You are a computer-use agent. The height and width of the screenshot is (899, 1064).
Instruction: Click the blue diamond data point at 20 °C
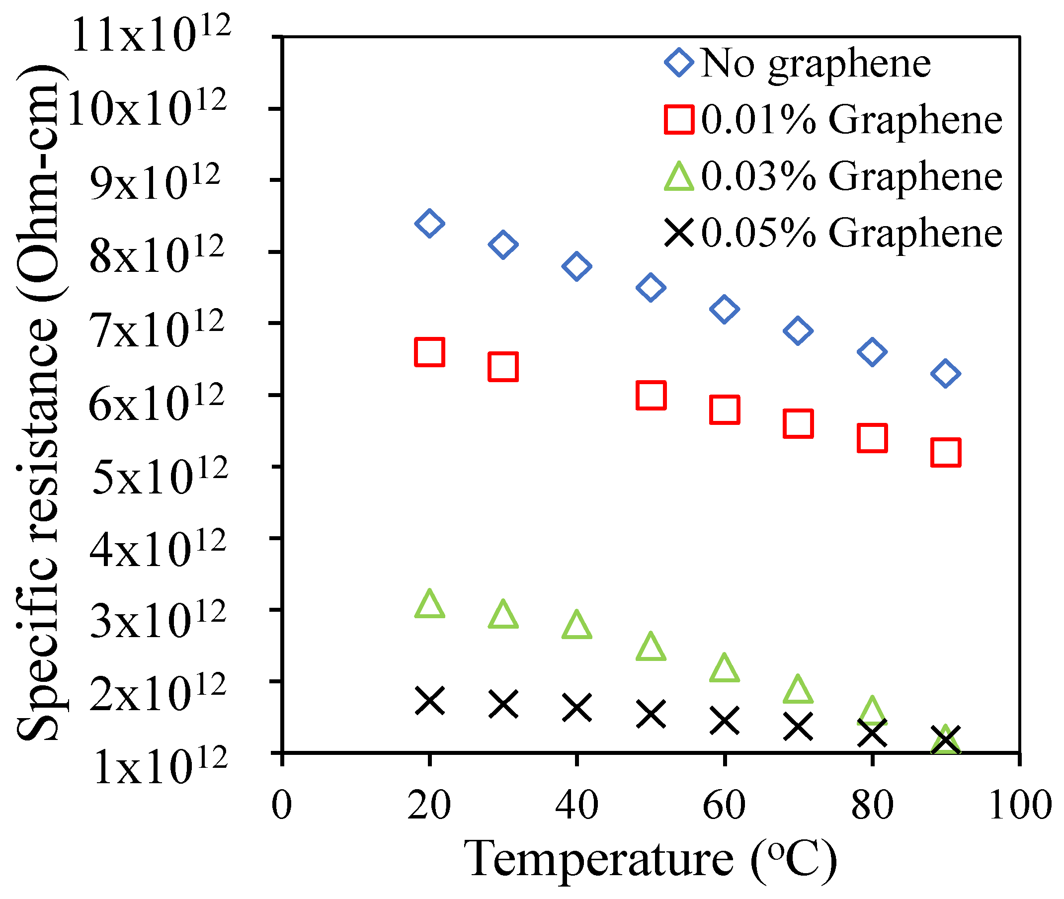click(x=429, y=223)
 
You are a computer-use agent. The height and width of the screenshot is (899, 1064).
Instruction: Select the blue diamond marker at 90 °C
click(x=946, y=374)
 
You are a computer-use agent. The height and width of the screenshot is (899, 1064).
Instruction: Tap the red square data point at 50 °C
click(x=651, y=395)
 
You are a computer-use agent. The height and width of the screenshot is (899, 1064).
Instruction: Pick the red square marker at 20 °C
click(x=429, y=352)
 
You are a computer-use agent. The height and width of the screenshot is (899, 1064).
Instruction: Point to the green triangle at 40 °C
click(x=577, y=625)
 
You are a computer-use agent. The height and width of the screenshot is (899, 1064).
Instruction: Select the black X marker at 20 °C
click(x=429, y=701)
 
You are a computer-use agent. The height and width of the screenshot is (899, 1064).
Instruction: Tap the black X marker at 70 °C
click(x=798, y=726)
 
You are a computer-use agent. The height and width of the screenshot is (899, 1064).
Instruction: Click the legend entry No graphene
click(x=816, y=64)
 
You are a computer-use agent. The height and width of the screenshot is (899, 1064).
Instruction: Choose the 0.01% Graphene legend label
click(x=851, y=120)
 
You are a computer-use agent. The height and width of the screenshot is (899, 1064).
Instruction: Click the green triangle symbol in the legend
click(x=679, y=177)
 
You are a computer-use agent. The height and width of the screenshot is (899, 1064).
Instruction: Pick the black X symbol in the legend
click(x=679, y=234)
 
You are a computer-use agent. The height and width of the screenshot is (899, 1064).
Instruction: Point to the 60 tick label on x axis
click(x=724, y=805)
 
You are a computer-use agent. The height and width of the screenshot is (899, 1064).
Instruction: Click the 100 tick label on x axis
click(x=1020, y=805)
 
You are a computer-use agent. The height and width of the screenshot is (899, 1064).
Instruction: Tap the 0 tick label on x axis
click(x=282, y=805)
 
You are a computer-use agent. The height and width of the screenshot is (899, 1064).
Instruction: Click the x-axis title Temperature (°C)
click(x=650, y=860)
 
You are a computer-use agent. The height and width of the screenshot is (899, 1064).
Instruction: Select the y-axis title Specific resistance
click(x=38, y=403)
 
